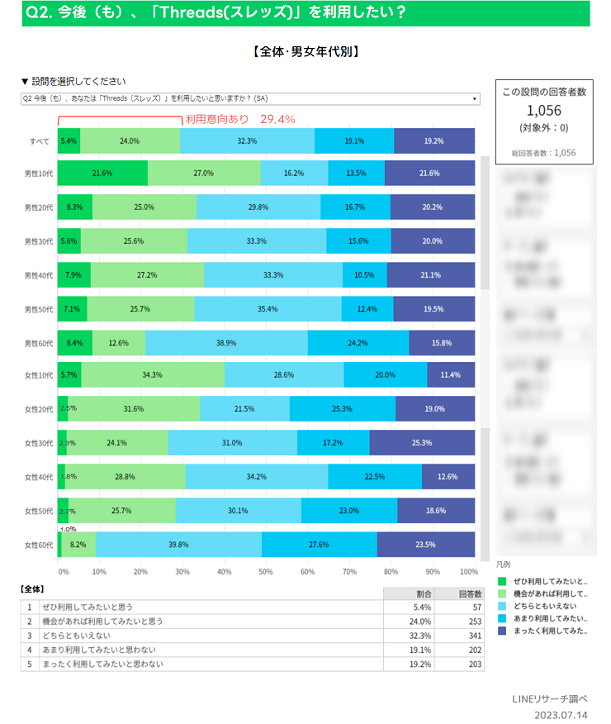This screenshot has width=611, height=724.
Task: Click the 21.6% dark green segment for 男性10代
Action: tap(102, 174)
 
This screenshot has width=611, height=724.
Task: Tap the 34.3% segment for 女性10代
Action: tap(152, 375)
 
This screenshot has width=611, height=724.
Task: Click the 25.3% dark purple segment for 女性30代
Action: tap(422, 443)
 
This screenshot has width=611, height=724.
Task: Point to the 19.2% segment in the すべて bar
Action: tap(434, 141)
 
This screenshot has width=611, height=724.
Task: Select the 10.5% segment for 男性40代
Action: tap(364, 274)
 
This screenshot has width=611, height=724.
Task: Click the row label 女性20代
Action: tap(39, 409)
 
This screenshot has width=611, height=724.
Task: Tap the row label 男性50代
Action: tap(39, 308)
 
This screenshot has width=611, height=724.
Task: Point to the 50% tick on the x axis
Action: tap(266, 571)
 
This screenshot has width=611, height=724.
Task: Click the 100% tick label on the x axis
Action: tap(468, 571)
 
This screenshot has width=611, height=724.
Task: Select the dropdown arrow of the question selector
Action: tap(475, 98)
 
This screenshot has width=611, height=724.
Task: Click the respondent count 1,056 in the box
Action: tap(543, 110)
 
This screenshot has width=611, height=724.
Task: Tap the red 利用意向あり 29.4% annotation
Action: tap(240, 119)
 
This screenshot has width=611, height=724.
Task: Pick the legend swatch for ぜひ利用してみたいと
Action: tap(502, 581)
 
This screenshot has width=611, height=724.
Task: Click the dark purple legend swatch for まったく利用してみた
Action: tap(502, 631)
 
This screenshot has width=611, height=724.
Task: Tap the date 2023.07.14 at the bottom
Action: tap(561, 715)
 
